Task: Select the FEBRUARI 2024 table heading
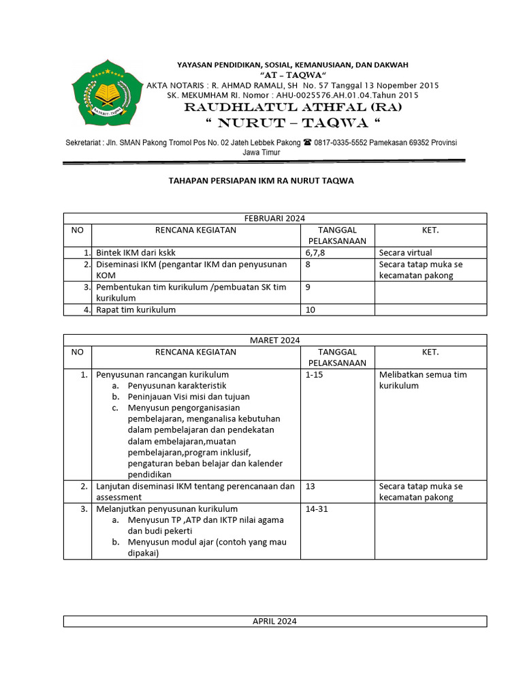[275, 218]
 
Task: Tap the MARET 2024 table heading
[275, 340]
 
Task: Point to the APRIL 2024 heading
[275, 621]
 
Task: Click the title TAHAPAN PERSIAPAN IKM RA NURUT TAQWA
[261, 181]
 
